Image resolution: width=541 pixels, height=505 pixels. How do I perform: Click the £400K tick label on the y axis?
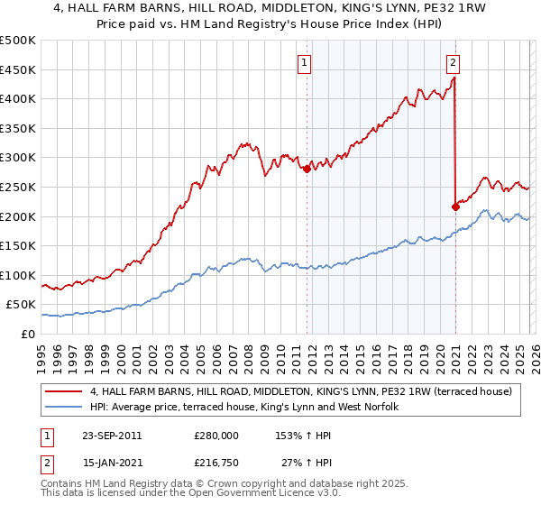(x=18, y=99)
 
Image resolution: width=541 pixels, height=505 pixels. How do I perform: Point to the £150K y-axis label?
(x=18, y=245)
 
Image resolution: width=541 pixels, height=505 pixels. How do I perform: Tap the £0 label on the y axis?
(x=29, y=334)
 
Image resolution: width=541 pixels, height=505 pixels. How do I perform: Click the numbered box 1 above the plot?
(x=306, y=63)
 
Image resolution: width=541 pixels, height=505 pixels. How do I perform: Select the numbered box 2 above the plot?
(x=453, y=63)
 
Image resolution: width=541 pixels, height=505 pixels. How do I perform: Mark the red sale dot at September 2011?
(x=307, y=169)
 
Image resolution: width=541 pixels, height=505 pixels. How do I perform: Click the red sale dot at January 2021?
(x=455, y=207)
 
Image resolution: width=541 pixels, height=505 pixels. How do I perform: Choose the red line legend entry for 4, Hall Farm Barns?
(x=301, y=391)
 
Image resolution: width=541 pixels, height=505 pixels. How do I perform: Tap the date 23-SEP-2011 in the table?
(x=111, y=436)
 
